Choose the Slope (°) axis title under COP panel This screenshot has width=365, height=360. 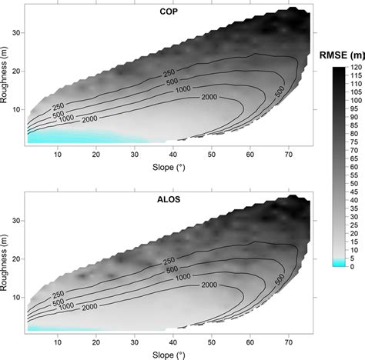tap(166, 168)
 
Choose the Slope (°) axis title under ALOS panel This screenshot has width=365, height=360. tap(166, 354)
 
